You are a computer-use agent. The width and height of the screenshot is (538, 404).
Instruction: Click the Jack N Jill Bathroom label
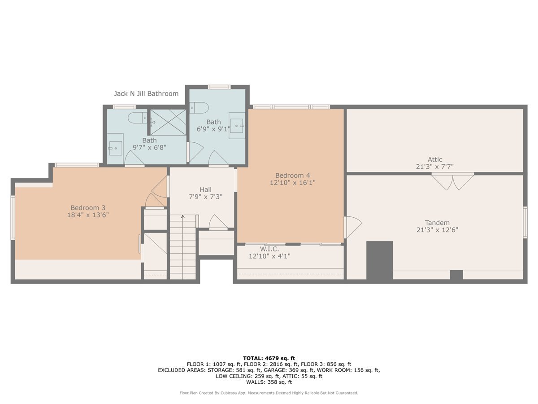(x=146, y=94)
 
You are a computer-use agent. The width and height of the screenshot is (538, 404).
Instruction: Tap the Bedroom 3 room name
(x=88, y=208)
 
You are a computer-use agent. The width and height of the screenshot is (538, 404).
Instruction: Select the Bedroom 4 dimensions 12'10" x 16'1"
(x=293, y=183)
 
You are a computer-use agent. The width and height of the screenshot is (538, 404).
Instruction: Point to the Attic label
(x=435, y=159)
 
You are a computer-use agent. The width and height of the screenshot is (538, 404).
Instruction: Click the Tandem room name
(x=437, y=223)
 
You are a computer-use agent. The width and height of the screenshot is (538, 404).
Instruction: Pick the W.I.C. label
(x=269, y=249)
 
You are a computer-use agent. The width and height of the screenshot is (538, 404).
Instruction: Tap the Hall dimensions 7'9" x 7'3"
(x=206, y=197)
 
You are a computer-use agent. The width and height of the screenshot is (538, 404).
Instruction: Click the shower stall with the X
(x=168, y=122)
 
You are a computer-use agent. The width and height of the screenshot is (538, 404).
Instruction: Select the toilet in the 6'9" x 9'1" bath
(x=199, y=108)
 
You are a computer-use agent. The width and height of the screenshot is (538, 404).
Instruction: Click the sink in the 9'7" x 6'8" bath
(x=115, y=148)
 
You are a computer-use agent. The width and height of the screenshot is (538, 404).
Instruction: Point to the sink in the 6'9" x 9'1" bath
(x=237, y=126)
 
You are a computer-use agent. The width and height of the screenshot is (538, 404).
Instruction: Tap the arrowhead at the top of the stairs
(x=183, y=217)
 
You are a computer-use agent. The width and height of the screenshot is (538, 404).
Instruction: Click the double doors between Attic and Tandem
(x=453, y=181)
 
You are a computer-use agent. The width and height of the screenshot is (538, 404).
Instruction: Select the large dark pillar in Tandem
(x=380, y=260)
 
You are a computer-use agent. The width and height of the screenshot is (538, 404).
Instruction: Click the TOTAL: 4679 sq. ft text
(x=269, y=358)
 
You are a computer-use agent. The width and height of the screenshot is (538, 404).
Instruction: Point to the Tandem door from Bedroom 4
(x=353, y=227)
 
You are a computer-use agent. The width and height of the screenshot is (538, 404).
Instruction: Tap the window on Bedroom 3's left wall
(x=13, y=217)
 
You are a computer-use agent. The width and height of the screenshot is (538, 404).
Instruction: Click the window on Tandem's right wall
(x=525, y=222)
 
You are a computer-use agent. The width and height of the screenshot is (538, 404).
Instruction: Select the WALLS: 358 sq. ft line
(x=269, y=382)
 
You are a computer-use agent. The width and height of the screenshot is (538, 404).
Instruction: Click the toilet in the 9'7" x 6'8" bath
(x=138, y=118)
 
